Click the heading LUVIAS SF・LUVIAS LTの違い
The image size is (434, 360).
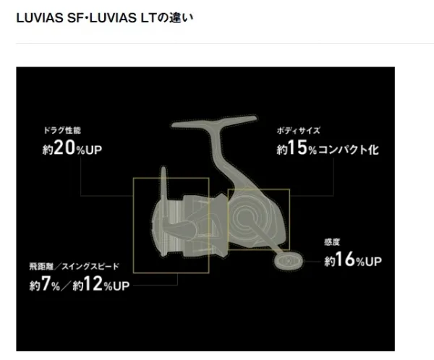[x=105, y=18]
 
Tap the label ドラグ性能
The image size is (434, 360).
[x=62, y=130]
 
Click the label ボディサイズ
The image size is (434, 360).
[x=298, y=130]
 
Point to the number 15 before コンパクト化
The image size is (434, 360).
[x=297, y=147]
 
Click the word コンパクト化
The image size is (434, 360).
[x=348, y=150]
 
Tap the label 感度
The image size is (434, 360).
[x=332, y=242]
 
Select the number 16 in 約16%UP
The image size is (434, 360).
[x=345, y=260]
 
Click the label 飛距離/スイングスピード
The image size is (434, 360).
[x=75, y=267]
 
